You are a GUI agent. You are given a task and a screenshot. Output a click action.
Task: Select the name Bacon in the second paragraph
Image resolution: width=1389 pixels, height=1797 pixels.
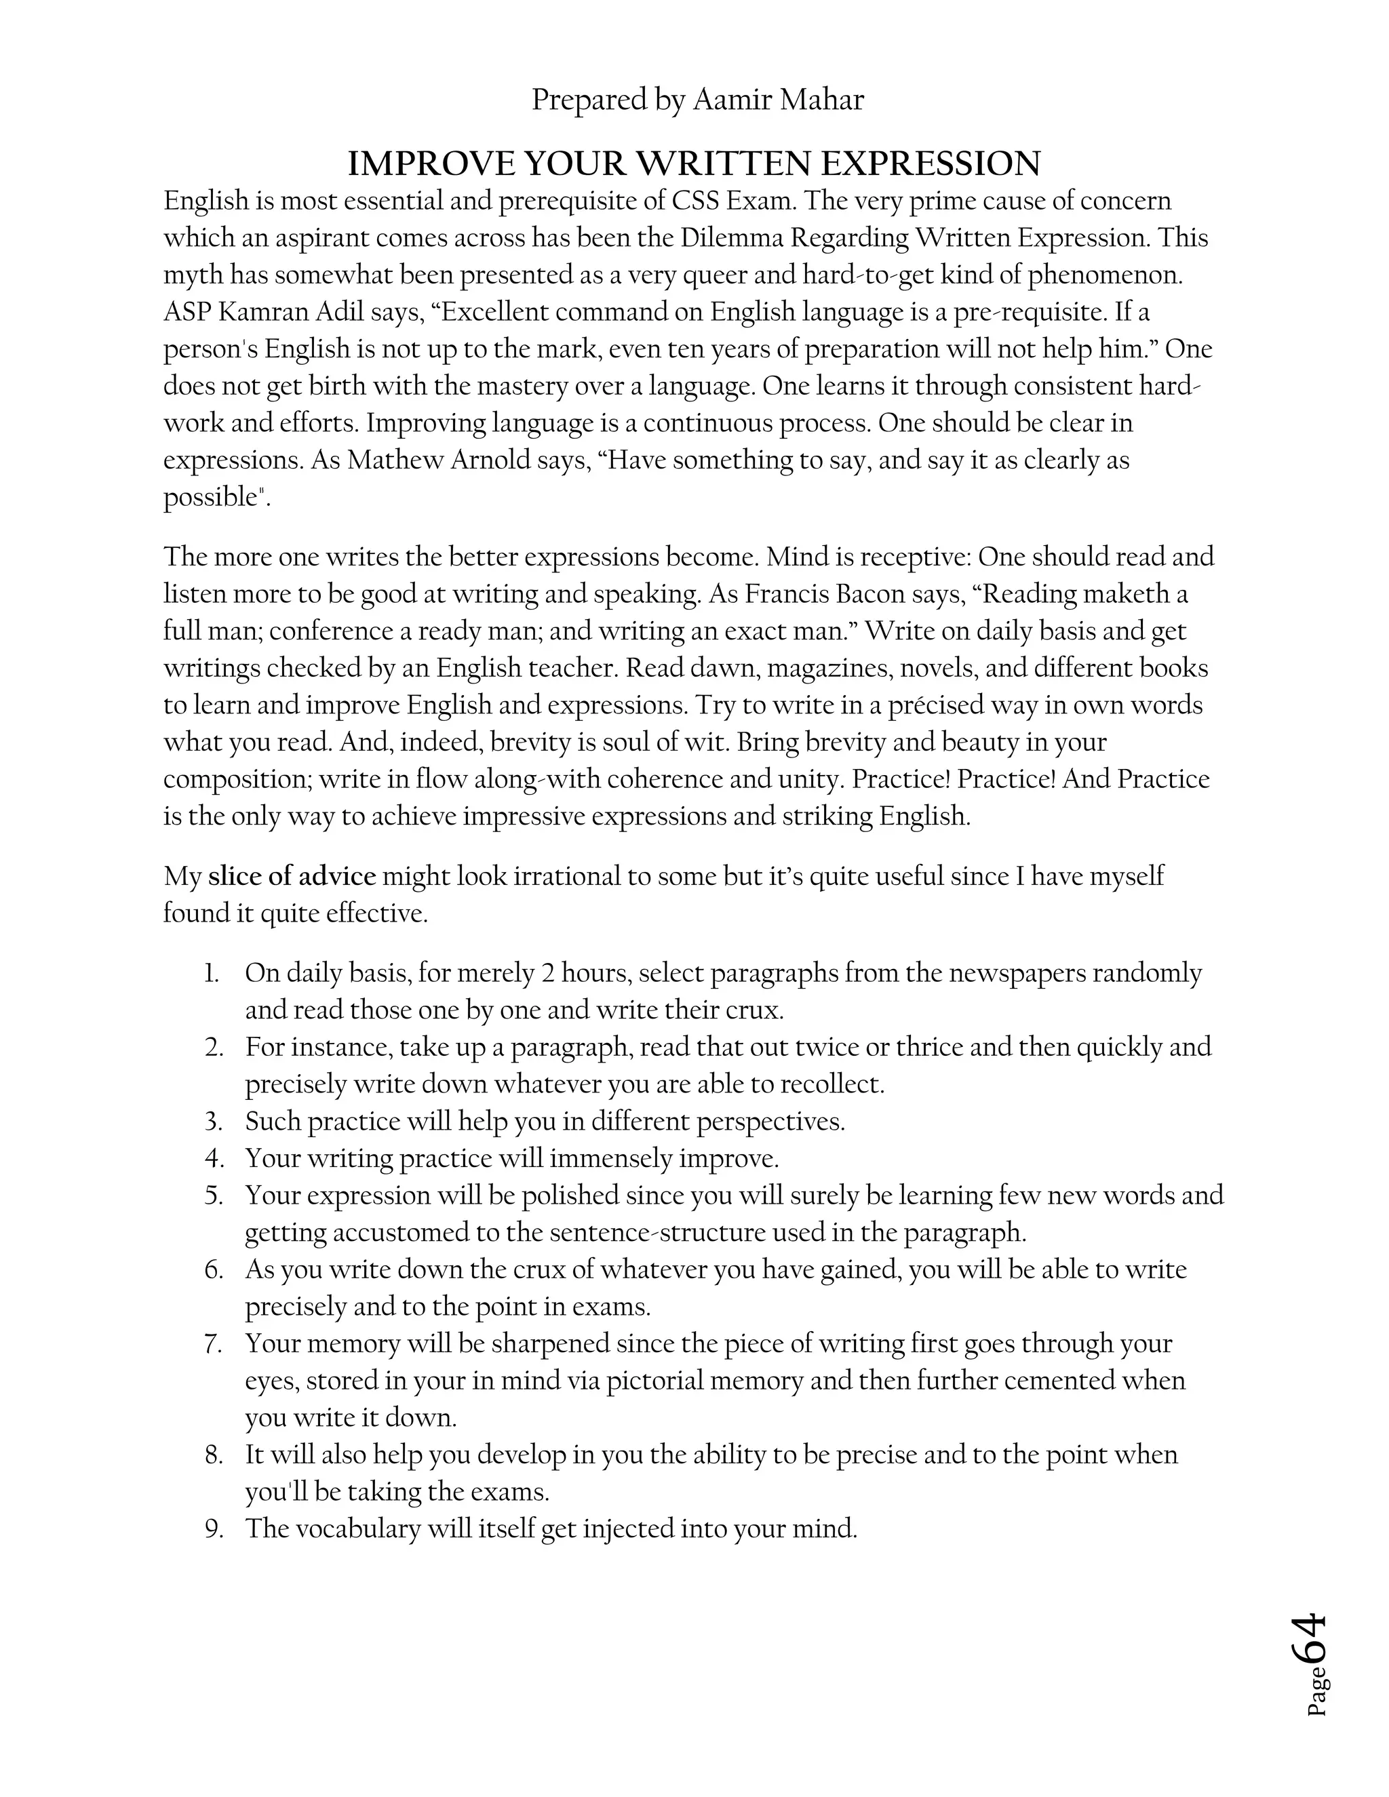[869, 594]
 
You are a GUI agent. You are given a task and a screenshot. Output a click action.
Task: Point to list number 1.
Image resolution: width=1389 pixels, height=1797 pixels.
[212, 973]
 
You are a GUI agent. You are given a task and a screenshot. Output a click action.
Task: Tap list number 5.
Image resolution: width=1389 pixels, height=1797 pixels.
[214, 1196]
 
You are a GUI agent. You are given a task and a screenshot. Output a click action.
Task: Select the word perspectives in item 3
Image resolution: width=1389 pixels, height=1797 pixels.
[769, 1122]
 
